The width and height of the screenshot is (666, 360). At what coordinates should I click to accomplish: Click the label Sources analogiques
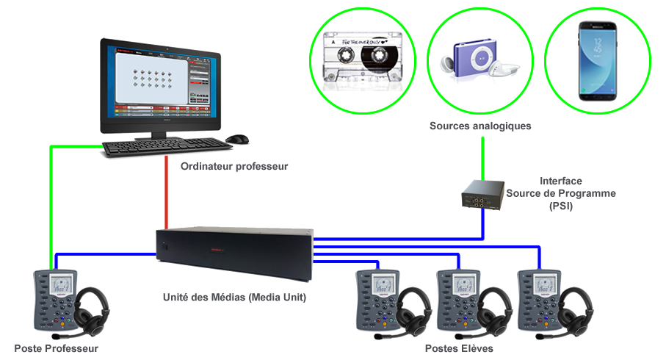coord(480,126)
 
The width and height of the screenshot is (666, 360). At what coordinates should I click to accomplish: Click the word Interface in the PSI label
coord(561,180)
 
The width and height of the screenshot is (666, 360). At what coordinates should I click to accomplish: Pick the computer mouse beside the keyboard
coord(236,139)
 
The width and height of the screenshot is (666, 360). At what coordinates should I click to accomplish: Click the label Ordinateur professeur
coord(234,167)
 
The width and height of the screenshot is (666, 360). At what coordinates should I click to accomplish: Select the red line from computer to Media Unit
coord(167,195)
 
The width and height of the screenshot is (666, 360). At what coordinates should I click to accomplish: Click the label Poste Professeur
coord(56,348)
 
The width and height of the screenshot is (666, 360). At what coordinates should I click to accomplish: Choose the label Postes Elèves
coord(461,348)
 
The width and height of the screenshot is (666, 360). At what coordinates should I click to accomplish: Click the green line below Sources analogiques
coord(482,156)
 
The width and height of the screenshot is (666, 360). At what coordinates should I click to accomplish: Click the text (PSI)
coord(560,206)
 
